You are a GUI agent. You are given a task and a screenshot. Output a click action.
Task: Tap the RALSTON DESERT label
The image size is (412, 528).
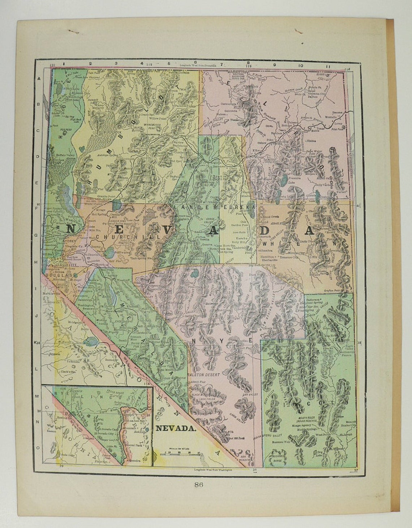[x=204, y=375]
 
